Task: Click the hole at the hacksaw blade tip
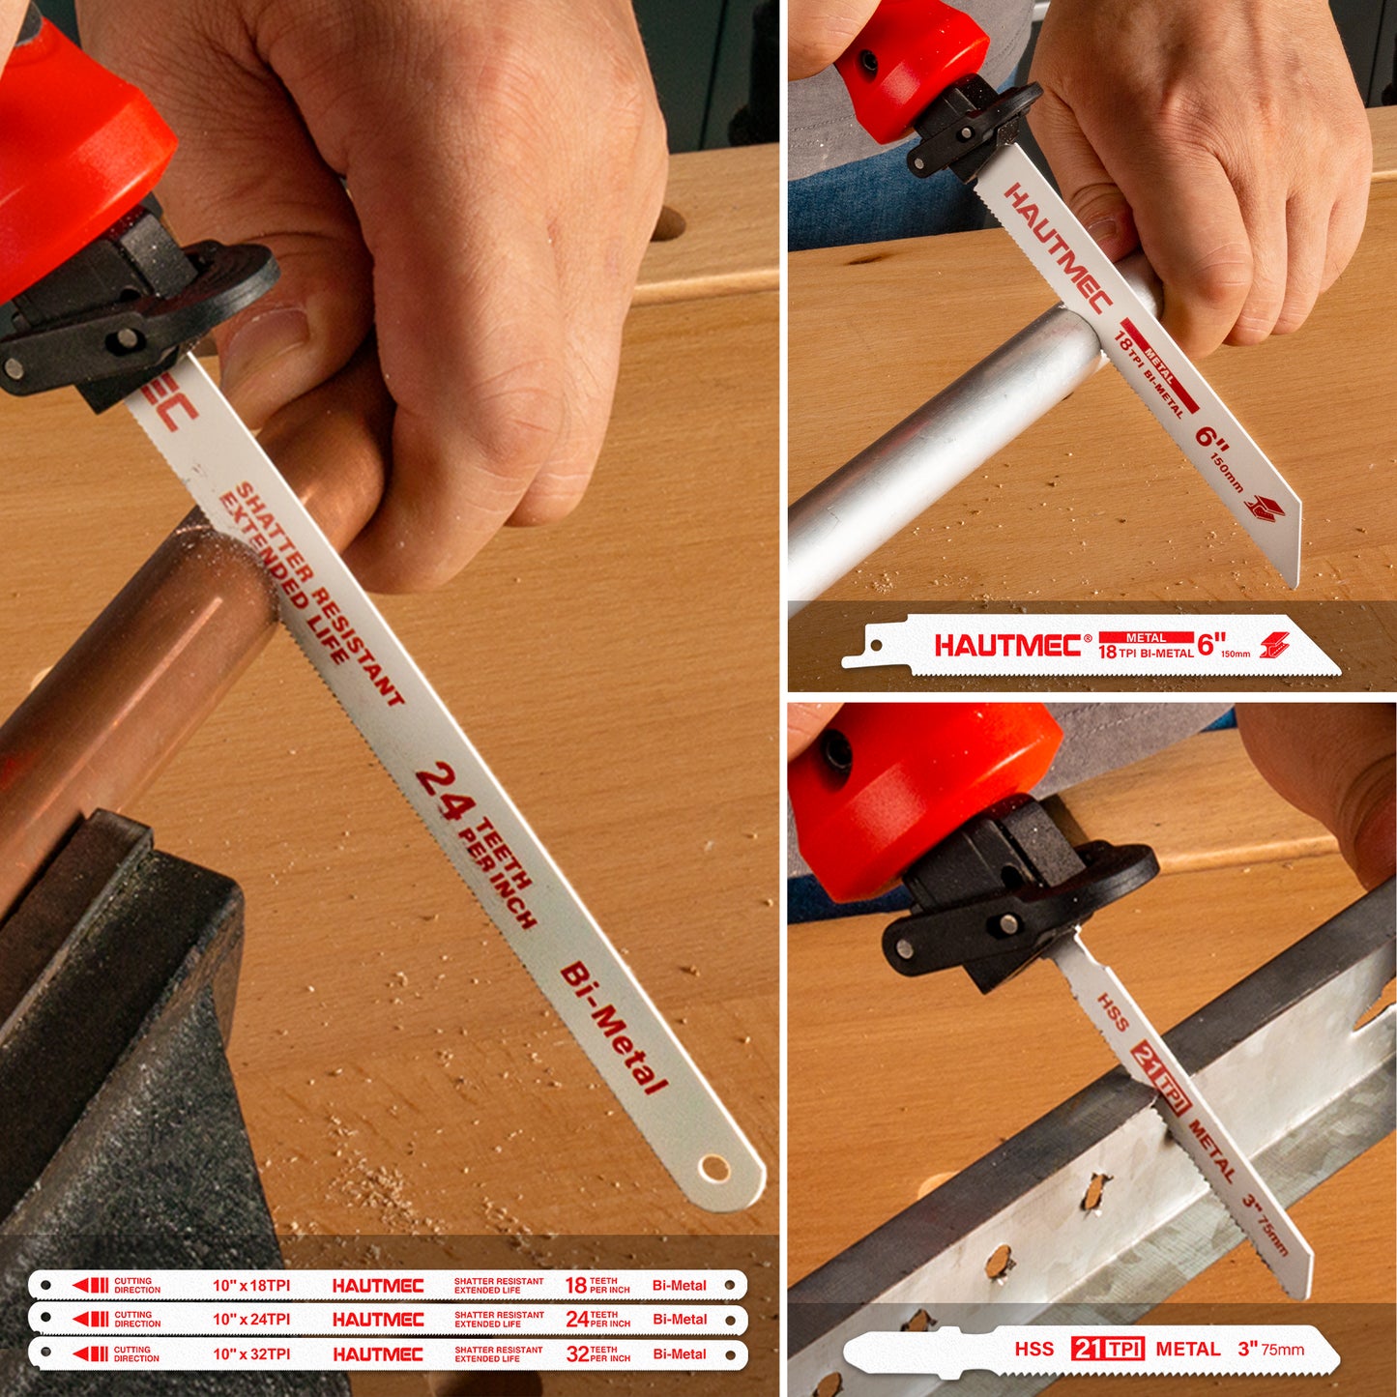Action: tap(715, 1168)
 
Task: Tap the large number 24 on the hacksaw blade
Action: tap(445, 791)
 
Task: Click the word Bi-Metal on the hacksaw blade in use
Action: tap(614, 1028)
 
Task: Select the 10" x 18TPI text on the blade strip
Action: tap(251, 1286)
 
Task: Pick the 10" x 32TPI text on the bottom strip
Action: tap(251, 1354)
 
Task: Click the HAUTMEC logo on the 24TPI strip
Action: tap(378, 1320)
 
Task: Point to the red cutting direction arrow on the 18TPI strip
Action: tap(91, 1285)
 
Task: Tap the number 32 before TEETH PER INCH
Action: tap(577, 1354)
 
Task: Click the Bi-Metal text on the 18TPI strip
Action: tap(680, 1286)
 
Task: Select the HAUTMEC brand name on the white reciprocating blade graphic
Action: tap(1007, 646)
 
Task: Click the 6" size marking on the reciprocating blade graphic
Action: tap(1211, 644)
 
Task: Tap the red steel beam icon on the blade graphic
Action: tap(1275, 645)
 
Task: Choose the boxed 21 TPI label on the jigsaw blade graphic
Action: tap(1108, 1349)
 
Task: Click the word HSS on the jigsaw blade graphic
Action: tap(1033, 1349)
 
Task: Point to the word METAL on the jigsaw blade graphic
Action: tap(1188, 1349)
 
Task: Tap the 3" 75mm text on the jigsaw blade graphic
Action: tap(1270, 1349)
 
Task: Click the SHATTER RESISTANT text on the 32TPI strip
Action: tap(499, 1350)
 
